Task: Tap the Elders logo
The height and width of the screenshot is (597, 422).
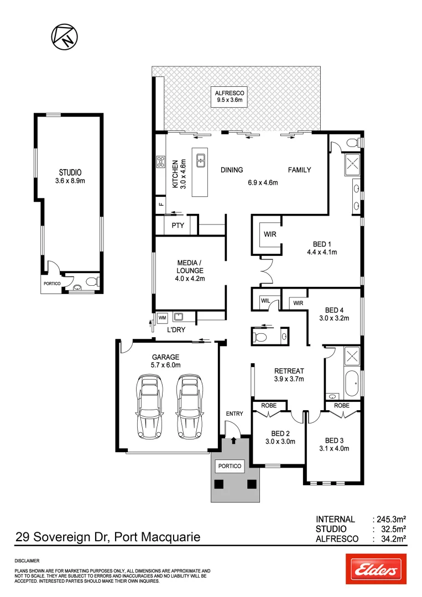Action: pyautogui.click(x=376, y=569)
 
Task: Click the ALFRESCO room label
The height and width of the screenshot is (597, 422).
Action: pyautogui.click(x=229, y=93)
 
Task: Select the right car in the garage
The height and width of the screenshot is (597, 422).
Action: pyautogui.click(x=189, y=399)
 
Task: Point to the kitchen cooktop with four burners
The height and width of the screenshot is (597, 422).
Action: pyautogui.click(x=161, y=162)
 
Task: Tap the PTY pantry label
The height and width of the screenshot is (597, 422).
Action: pyautogui.click(x=178, y=226)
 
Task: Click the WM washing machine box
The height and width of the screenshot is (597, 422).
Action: pyautogui.click(x=162, y=318)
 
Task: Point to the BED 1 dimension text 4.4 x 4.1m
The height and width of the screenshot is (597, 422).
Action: pyautogui.click(x=322, y=252)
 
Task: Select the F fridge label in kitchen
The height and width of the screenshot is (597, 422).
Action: pyautogui.click(x=161, y=205)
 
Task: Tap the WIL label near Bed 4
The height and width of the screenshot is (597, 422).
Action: pyautogui.click(x=265, y=301)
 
